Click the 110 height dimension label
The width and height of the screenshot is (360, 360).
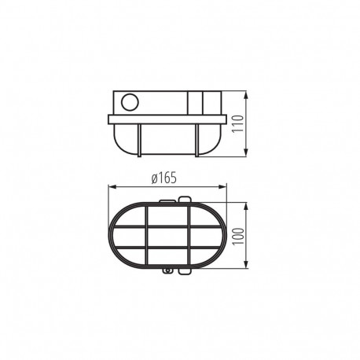pyautogui.click(x=238, y=123)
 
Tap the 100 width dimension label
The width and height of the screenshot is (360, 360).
pyautogui.click(x=238, y=236)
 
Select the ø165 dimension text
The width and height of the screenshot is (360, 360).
pyautogui.click(x=164, y=178)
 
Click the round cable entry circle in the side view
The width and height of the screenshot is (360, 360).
pyautogui.click(x=130, y=102)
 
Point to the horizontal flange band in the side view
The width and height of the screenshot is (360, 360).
pyautogui.click(x=167, y=119)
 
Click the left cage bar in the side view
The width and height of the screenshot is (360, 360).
pyautogui.click(x=139, y=141)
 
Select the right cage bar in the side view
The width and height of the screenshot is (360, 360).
pyautogui.click(x=197, y=141)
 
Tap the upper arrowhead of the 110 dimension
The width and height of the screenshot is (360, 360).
pyautogui.click(x=246, y=96)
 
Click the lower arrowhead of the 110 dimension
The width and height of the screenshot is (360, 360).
pyautogui.click(x=246, y=152)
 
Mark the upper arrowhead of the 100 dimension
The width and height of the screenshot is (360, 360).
pyautogui.click(x=246, y=207)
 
